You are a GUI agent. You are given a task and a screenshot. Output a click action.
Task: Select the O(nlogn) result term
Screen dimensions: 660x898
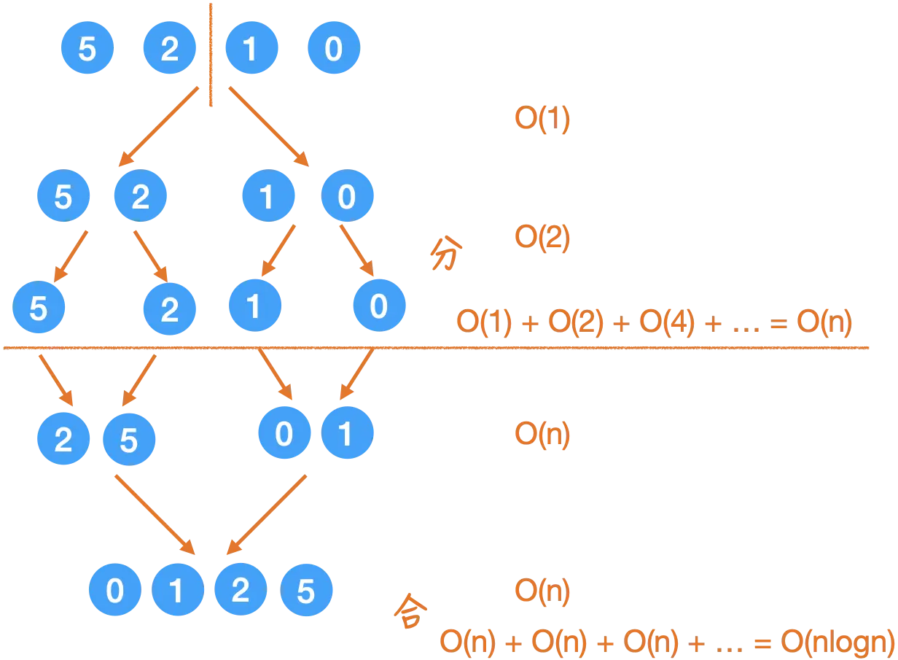click(838, 642)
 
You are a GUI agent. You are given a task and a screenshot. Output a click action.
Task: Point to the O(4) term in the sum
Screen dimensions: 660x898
click(667, 322)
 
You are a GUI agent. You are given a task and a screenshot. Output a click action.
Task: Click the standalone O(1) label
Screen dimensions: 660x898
click(542, 121)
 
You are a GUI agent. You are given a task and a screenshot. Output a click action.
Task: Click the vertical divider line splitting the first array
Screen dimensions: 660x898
click(211, 55)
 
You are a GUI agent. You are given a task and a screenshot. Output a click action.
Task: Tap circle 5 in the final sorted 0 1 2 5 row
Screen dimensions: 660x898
click(305, 591)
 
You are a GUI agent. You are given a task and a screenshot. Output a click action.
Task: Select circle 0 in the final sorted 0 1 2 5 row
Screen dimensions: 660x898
click(114, 591)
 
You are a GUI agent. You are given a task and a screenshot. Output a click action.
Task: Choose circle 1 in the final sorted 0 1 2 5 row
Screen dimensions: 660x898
click(177, 591)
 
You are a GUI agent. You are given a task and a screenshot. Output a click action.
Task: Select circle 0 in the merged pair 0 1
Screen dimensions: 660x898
click(284, 435)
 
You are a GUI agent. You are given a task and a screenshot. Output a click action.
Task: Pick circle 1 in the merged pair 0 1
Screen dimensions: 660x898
click(346, 435)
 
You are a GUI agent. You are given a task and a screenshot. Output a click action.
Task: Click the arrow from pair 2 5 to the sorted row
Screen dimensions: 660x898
click(155, 514)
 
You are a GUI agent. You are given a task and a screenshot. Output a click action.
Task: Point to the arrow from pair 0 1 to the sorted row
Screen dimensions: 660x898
click(268, 514)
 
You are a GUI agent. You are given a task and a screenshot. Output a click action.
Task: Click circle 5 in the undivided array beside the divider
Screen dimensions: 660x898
click(87, 50)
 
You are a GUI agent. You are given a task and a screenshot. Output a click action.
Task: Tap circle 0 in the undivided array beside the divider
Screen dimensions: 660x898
click(334, 50)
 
